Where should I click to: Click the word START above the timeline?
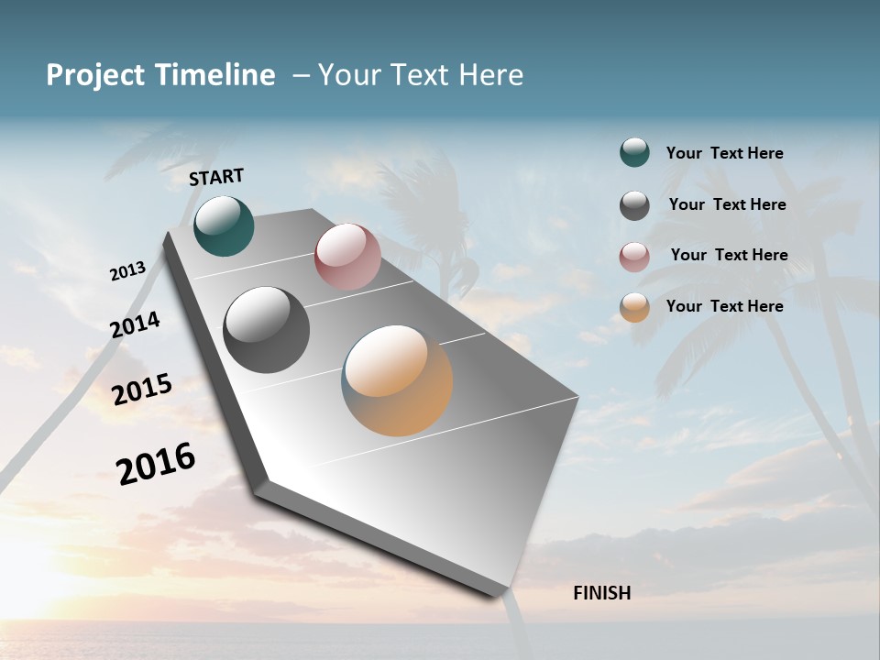click(x=216, y=177)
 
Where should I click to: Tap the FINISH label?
click(x=601, y=593)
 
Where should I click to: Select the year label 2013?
click(x=127, y=271)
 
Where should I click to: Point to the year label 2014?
click(x=135, y=324)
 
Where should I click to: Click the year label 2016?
click(x=156, y=463)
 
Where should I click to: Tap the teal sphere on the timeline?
click(x=224, y=225)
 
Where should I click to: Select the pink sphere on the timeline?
click(x=347, y=257)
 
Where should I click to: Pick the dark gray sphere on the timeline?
click(x=266, y=330)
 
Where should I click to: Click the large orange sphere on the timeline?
click(x=397, y=380)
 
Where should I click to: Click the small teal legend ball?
click(x=634, y=153)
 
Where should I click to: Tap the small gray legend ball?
click(x=634, y=205)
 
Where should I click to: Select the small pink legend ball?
click(x=634, y=257)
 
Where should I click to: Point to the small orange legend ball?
click(x=634, y=307)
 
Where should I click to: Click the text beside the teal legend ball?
click(x=724, y=153)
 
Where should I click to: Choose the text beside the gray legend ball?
click(x=727, y=204)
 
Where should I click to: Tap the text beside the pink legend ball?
click(x=729, y=255)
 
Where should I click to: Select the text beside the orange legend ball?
click(x=724, y=306)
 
